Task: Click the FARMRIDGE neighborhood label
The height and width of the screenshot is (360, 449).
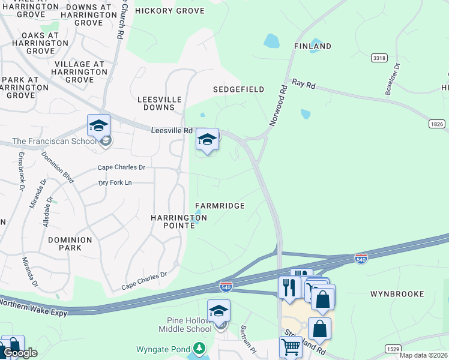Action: (x=219, y=206)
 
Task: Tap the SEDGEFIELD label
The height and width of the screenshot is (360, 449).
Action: (x=238, y=89)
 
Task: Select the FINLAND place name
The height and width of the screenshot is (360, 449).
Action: (x=312, y=46)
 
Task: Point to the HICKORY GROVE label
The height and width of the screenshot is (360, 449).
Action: (x=170, y=11)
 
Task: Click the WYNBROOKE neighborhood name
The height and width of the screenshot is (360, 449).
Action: (x=397, y=294)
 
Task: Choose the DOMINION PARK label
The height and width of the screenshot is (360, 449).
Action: (x=70, y=244)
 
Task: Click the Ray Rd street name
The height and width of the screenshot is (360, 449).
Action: (x=304, y=85)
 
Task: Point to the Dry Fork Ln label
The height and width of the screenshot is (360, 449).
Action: (x=115, y=183)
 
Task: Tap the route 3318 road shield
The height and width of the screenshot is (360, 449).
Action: (x=379, y=58)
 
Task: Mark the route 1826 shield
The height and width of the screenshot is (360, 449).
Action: (x=436, y=124)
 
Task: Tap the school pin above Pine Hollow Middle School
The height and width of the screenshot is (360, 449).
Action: (x=218, y=311)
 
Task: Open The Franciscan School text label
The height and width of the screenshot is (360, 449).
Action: (x=54, y=142)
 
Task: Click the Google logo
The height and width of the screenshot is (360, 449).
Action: (x=20, y=353)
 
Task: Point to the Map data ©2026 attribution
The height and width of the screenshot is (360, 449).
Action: (x=424, y=355)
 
